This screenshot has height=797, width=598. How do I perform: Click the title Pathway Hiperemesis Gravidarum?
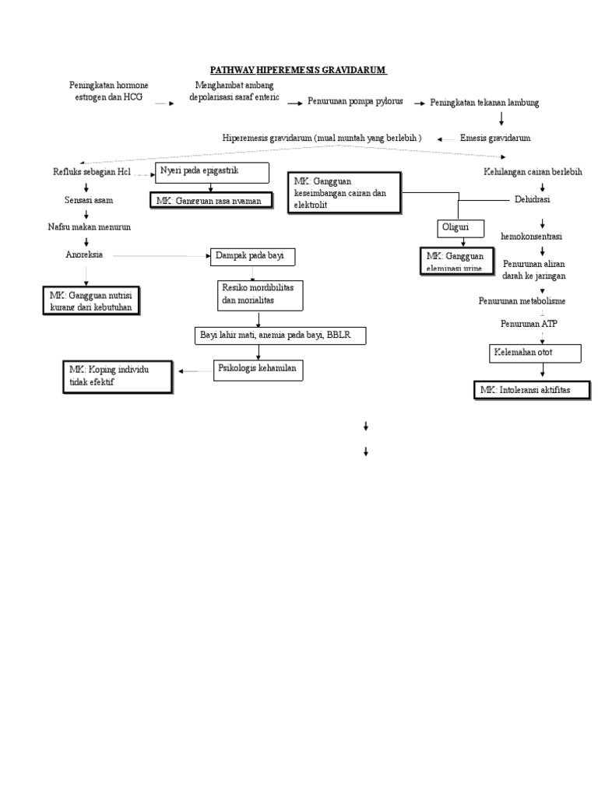pos(299,71)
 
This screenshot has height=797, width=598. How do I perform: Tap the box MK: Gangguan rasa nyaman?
pos(213,201)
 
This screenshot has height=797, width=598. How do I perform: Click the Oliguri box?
pos(460,228)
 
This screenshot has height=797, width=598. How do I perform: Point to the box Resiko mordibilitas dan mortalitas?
pos(259,295)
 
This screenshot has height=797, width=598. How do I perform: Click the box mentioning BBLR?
pos(279,335)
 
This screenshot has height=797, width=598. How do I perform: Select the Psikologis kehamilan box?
pos(259,370)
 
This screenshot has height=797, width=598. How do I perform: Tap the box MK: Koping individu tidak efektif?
pos(117,377)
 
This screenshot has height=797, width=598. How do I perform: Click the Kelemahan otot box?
pos(534,354)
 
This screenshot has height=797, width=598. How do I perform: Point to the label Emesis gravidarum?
pos(495,138)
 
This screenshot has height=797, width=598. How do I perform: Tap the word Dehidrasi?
pos(532,200)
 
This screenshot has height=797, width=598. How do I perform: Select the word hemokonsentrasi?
pos(532,235)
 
